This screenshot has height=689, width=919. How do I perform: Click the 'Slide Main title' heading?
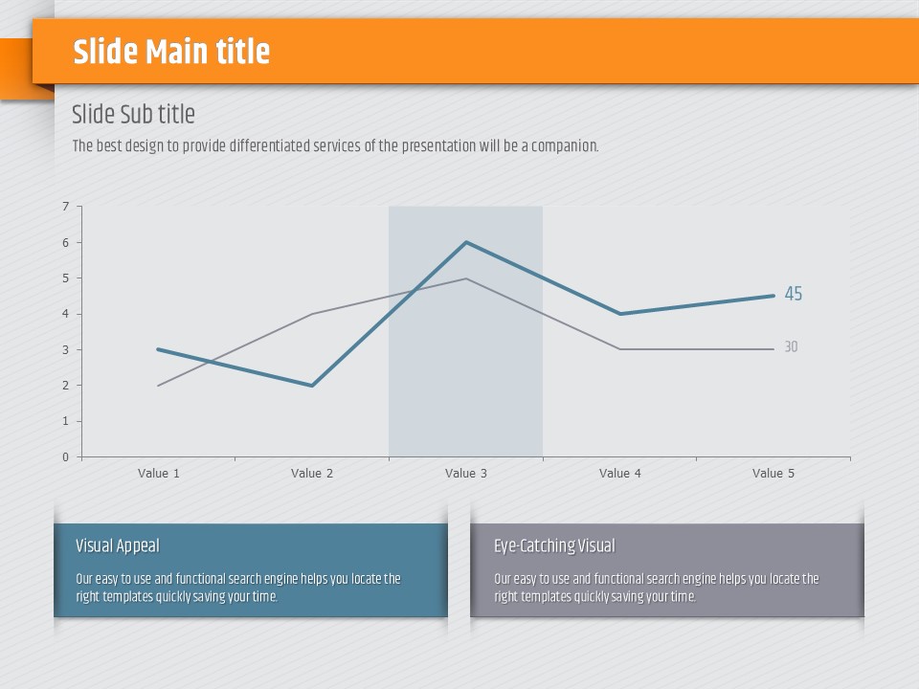(x=171, y=52)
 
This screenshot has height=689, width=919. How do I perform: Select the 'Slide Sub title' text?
(x=133, y=115)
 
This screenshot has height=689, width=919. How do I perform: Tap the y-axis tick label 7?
(x=66, y=207)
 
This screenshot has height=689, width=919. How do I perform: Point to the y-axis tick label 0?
(x=66, y=457)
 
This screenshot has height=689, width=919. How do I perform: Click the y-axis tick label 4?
(x=66, y=314)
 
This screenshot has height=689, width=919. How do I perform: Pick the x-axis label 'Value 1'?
(x=159, y=474)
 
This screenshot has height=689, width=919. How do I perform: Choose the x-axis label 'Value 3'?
(x=466, y=474)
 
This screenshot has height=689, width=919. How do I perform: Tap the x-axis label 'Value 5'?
(x=773, y=474)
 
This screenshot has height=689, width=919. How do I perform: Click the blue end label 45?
(x=794, y=295)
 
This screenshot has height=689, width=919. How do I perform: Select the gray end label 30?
(x=791, y=347)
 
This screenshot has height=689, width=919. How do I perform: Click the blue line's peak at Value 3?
(x=466, y=242)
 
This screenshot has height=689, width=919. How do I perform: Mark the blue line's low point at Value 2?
(x=312, y=386)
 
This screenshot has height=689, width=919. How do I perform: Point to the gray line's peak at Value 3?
(x=466, y=278)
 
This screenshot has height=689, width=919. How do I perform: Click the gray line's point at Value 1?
(x=159, y=386)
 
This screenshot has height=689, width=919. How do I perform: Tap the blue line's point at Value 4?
(x=620, y=314)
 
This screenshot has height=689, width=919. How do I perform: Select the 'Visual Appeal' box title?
(x=118, y=546)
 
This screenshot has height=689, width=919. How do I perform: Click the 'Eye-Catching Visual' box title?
(x=554, y=546)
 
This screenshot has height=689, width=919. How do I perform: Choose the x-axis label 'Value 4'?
(x=620, y=474)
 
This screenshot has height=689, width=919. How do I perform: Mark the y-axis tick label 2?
(x=66, y=386)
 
